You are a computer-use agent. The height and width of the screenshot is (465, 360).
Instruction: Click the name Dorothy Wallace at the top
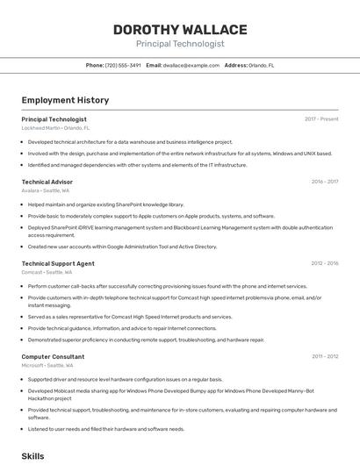180,30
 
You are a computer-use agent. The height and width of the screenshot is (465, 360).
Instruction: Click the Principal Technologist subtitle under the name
180,44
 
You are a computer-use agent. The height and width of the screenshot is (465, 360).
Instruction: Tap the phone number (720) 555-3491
124,65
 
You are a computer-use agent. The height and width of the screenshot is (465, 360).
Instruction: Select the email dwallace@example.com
191,65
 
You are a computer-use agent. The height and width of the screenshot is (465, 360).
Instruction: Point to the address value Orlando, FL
262,65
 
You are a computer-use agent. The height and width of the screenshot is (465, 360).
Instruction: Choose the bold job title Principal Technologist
54,119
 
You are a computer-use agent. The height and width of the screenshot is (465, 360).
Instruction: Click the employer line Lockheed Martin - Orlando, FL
55,127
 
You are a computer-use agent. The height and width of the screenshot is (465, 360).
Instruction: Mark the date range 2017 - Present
321,119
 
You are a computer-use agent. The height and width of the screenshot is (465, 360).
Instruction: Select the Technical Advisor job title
47,182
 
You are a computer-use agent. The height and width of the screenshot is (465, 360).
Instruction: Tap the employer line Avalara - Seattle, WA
46,190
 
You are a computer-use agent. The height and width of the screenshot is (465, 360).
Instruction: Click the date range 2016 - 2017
324,182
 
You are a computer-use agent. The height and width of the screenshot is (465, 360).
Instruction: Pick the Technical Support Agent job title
58,263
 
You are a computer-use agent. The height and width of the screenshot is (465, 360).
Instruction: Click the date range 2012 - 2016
324,263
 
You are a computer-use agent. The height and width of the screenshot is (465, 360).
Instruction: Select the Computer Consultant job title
53,356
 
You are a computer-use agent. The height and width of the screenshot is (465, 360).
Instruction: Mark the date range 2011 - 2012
325,356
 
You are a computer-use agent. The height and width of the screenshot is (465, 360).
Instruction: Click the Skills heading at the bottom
32,456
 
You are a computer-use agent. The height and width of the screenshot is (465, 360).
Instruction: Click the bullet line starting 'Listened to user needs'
106,429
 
